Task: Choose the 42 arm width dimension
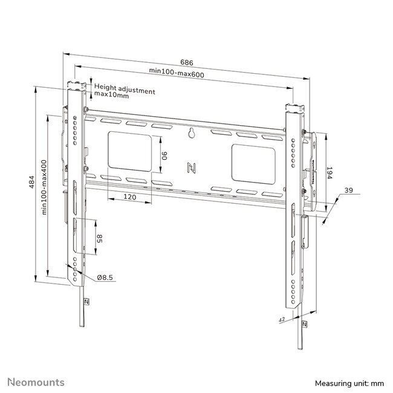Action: coord(282,320)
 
